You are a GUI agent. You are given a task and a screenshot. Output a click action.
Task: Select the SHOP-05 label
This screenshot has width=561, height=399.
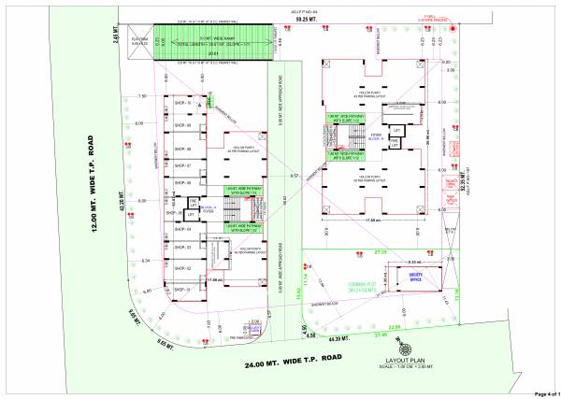point(181,213)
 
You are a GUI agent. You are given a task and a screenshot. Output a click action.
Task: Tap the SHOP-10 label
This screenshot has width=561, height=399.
point(181,104)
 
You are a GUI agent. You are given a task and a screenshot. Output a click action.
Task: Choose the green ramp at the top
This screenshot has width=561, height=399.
point(216,42)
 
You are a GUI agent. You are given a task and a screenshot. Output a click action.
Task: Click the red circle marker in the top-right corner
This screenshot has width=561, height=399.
point(453,28)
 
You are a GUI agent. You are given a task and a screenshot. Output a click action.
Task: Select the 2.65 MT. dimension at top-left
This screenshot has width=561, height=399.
point(119,36)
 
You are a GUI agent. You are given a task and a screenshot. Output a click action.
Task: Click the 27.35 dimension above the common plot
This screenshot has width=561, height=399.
point(381,252)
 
